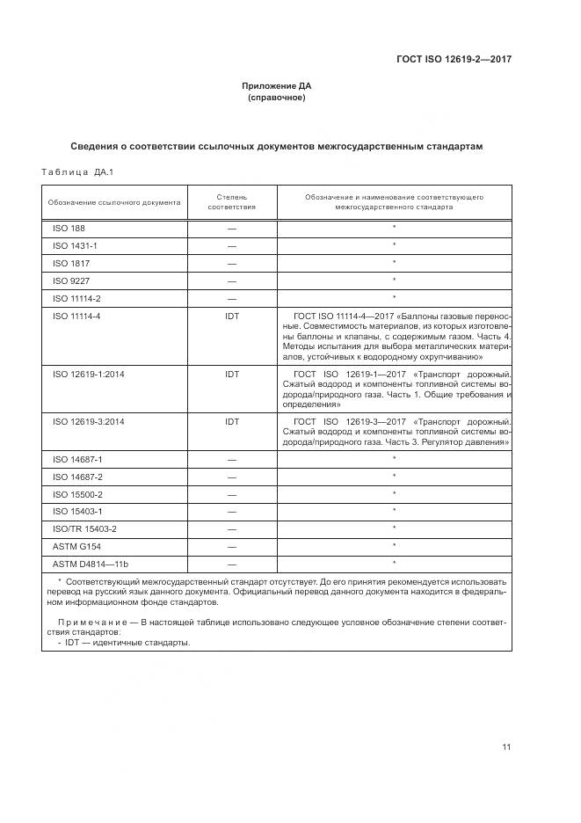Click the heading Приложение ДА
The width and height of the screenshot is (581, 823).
point(277,86)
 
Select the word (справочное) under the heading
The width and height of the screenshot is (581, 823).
point(277,98)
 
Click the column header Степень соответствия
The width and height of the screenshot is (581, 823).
point(231,202)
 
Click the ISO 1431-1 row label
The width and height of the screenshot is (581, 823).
point(75,245)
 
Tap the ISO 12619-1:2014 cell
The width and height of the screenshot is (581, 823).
point(88,374)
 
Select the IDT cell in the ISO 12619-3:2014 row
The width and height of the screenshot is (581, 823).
point(231,421)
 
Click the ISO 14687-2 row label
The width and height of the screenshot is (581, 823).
point(77,476)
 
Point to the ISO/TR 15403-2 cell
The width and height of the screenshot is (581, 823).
point(84,528)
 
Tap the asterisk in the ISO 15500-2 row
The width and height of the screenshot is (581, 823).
point(395,493)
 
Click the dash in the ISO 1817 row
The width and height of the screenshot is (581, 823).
point(231,264)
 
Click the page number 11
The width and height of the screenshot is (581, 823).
point(506,747)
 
